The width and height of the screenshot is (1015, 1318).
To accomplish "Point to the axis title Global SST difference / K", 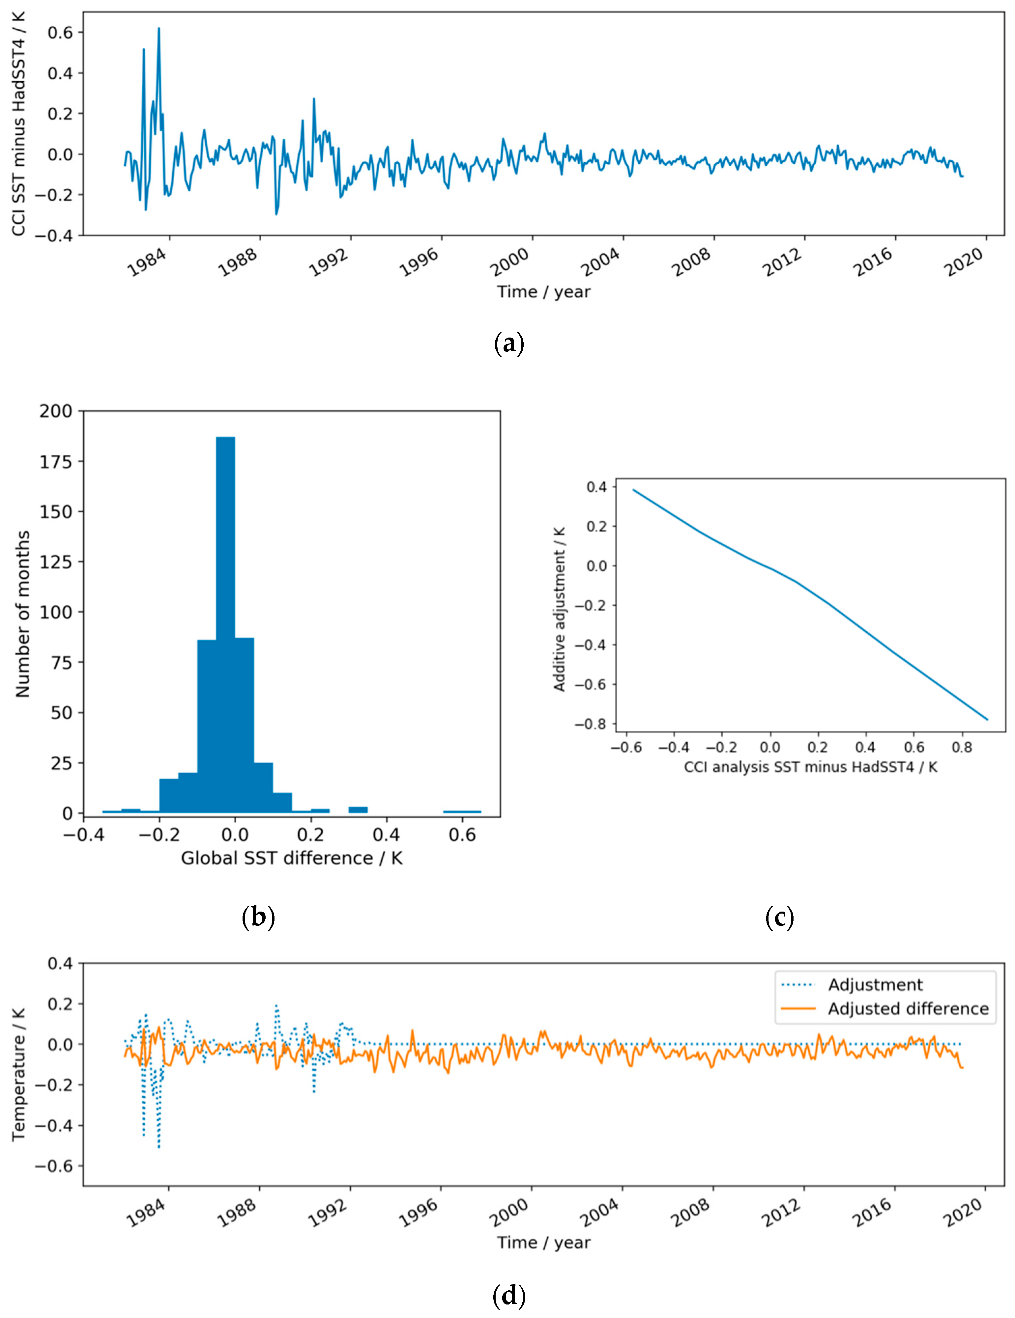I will point(292,858).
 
